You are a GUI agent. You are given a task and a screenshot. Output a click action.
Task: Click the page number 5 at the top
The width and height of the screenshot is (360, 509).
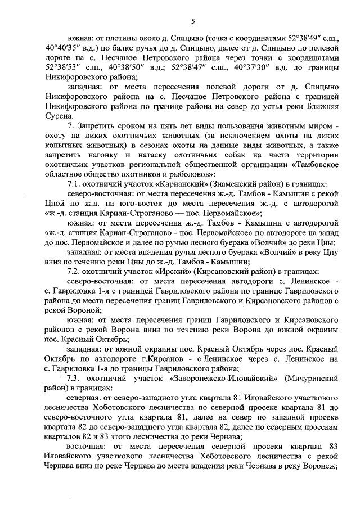point(192,21)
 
